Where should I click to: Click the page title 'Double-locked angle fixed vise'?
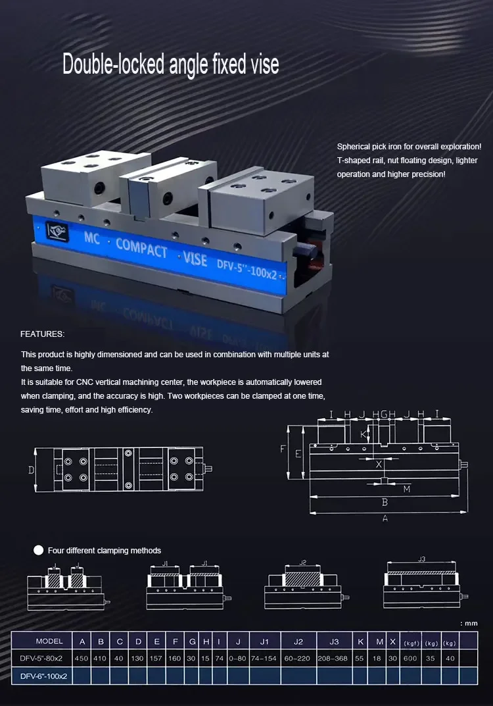[170, 64]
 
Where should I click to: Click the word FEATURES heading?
[42, 334]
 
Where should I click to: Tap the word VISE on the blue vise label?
[195, 257]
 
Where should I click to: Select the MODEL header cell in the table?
[50, 641]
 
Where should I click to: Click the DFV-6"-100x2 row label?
[44, 676]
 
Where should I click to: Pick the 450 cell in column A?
[82, 658]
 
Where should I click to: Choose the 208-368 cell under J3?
[334, 658]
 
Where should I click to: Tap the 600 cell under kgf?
[410, 658]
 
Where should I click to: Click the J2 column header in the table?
[298, 641]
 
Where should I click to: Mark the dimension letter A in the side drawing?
[385, 518]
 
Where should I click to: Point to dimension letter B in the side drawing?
[385, 502]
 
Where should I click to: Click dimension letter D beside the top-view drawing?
[31, 470]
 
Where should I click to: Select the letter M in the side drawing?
[407, 489]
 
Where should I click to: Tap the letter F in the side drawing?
[283, 449]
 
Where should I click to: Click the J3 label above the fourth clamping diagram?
[421, 559]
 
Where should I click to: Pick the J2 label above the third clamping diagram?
[303, 563]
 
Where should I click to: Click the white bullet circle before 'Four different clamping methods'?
[39, 550]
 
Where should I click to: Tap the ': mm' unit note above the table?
[469, 622]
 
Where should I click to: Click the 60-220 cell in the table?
[298, 658]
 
